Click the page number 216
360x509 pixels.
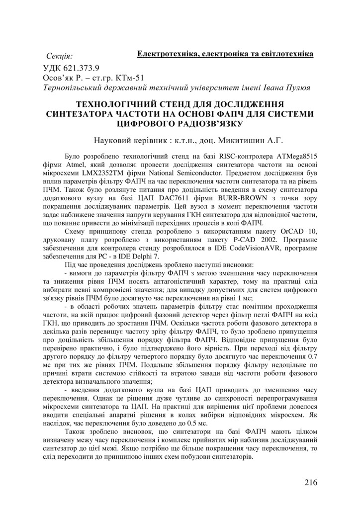click(x=309, y=482)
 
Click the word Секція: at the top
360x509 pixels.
click(x=59, y=55)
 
